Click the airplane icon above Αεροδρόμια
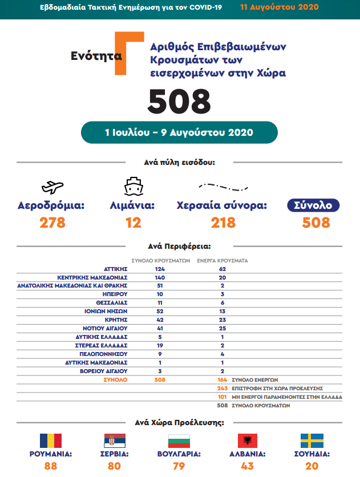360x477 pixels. [x=53, y=187]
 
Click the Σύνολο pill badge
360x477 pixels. [x=313, y=205]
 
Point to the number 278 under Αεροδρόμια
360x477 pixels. [x=52, y=223]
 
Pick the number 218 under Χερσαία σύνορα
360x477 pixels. [x=223, y=223]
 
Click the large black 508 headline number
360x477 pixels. [x=179, y=101]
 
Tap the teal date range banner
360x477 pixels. [x=179, y=132]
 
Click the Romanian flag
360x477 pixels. [x=50, y=440]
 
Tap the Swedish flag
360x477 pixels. [x=312, y=440]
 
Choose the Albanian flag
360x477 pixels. [x=247, y=440]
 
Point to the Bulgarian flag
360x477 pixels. [x=178, y=440]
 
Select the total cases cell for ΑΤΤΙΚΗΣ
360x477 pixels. [x=159, y=268]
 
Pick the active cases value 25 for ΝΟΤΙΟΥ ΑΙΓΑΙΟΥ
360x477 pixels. [x=206, y=329]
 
